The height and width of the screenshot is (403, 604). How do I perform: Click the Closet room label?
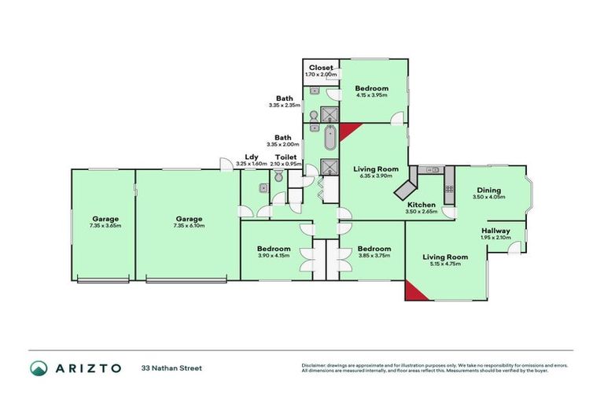pyautogui.click(x=321, y=68)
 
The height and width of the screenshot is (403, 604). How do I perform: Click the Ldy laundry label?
pyautogui.click(x=252, y=157)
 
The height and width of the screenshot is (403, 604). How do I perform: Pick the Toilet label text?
pyautogui.click(x=285, y=157)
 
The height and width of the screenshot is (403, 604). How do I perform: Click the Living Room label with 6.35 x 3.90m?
pyautogui.click(x=376, y=169)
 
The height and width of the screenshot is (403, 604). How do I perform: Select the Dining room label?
pyautogui.click(x=488, y=190)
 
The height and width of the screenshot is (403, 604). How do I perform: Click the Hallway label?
pyautogui.click(x=495, y=231)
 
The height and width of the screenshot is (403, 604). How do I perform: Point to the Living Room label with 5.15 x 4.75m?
pyautogui.click(x=445, y=257)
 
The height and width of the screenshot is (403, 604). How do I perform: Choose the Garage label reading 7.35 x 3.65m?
pyautogui.click(x=105, y=220)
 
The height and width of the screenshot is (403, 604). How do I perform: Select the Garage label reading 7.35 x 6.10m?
pyautogui.click(x=189, y=220)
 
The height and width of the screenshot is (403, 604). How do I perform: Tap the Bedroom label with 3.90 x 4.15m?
pyautogui.click(x=274, y=249)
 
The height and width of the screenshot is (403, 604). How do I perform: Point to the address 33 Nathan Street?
pyautogui.click(x=171, y=368)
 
